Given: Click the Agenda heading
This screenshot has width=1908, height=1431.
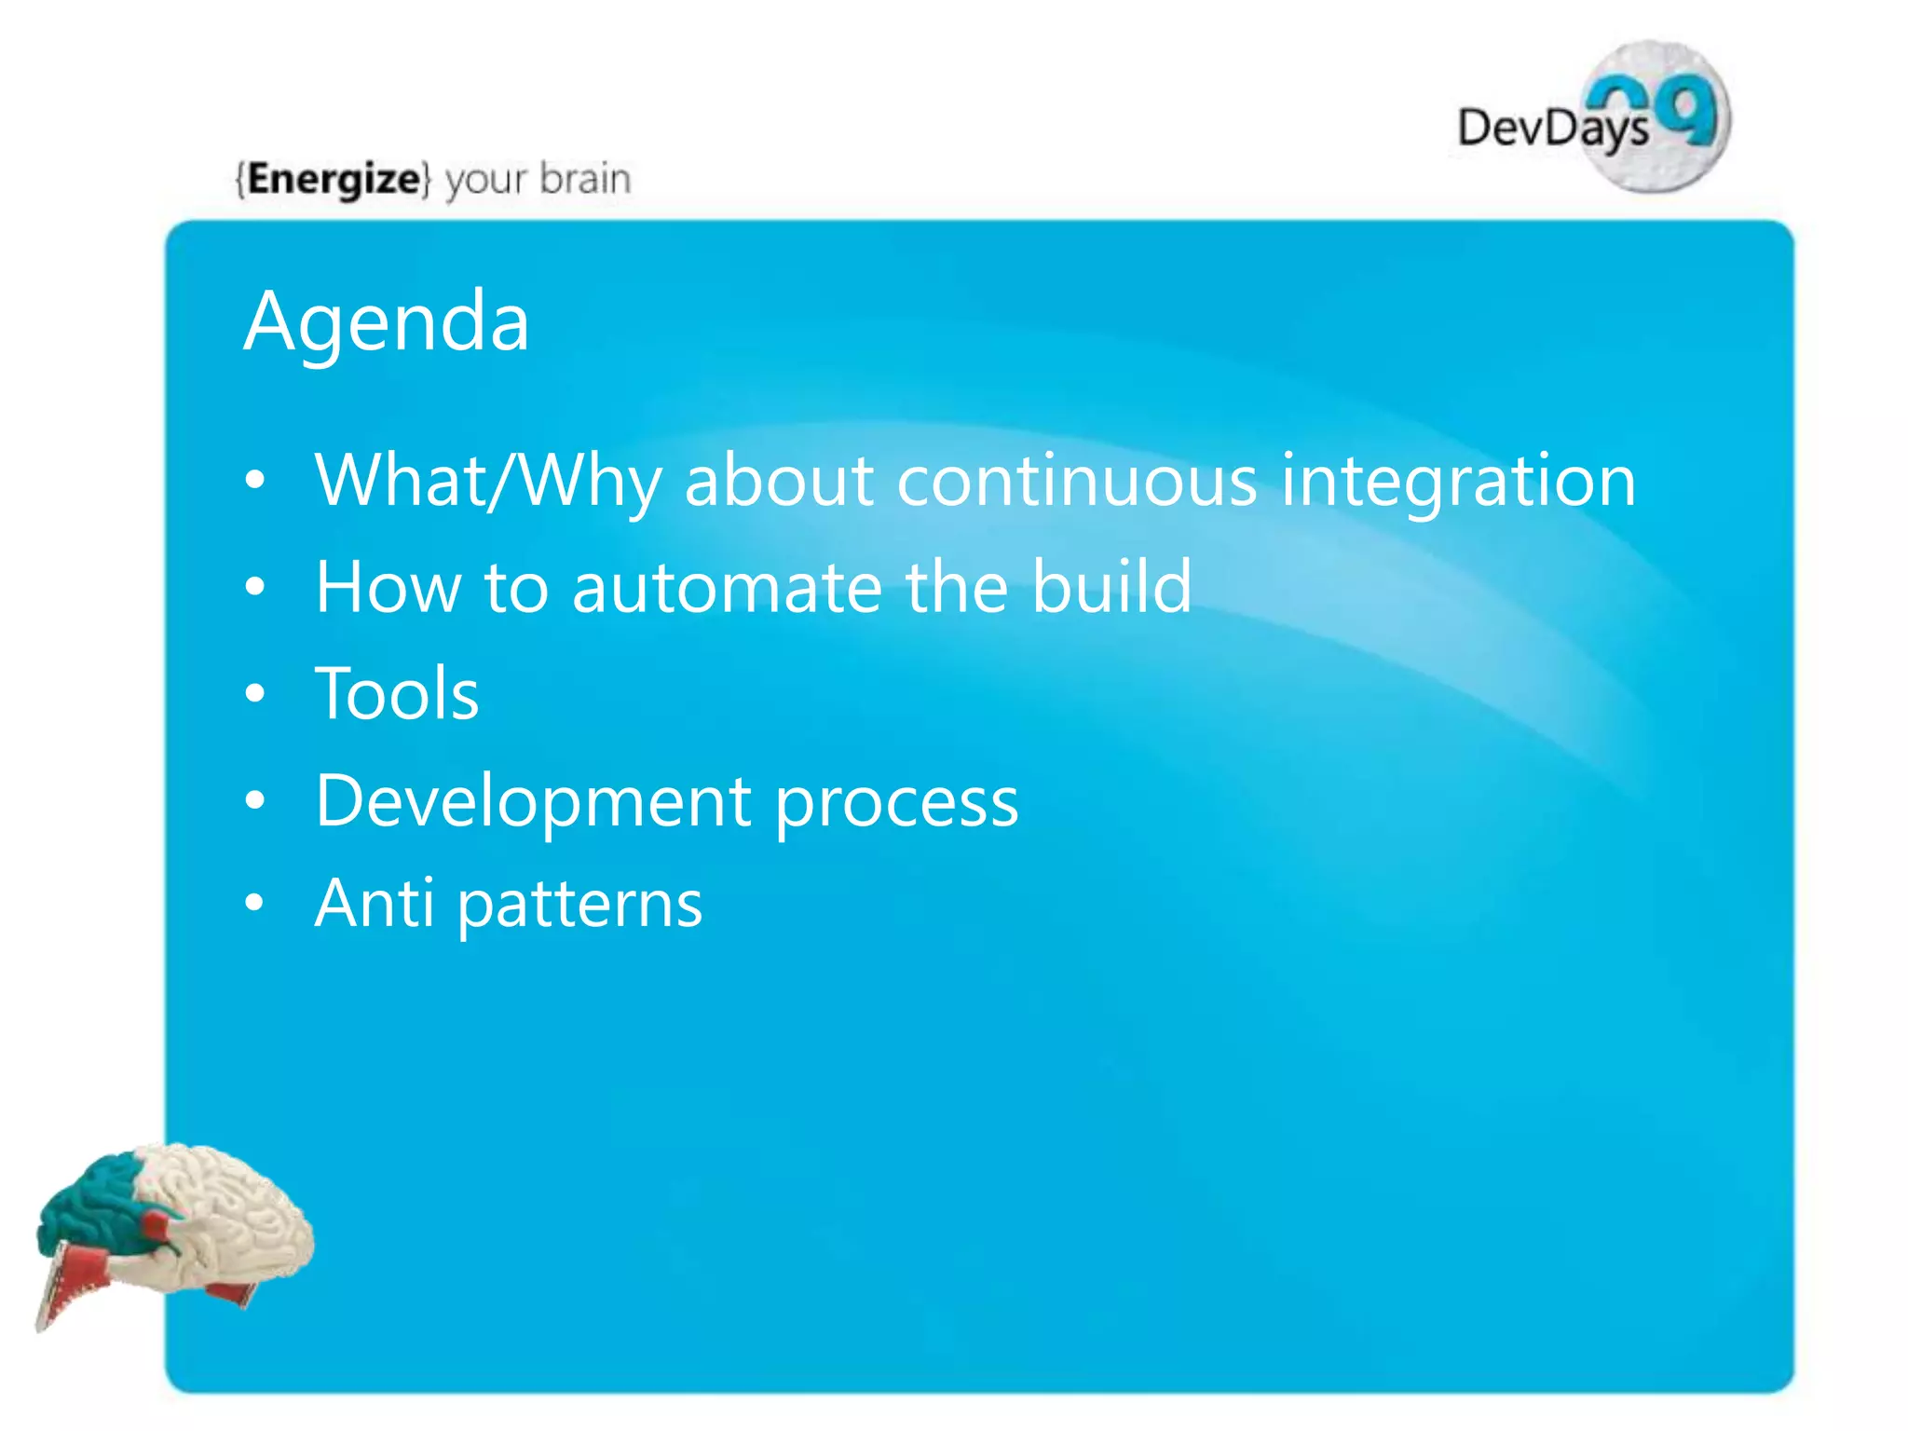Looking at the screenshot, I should (x=387, y=321).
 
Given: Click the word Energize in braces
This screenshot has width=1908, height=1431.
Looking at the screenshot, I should (x=334, y=178).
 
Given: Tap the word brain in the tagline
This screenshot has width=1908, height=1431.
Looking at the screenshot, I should (x=585, y=178).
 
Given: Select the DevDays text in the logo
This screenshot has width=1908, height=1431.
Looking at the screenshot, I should (x=1551, y=129).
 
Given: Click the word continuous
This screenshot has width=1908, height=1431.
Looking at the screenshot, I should (x=1076, y=481).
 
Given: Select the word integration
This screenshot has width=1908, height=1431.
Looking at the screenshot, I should (x=1458, y=481).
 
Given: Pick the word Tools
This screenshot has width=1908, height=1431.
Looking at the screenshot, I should (x=397, y=694).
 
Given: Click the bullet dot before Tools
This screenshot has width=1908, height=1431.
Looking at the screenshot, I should (x=254, y=694).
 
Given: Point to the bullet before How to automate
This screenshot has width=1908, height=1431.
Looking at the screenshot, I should (x=254, y=587).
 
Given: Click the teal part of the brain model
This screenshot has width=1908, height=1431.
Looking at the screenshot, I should (x=93, y=1202).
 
